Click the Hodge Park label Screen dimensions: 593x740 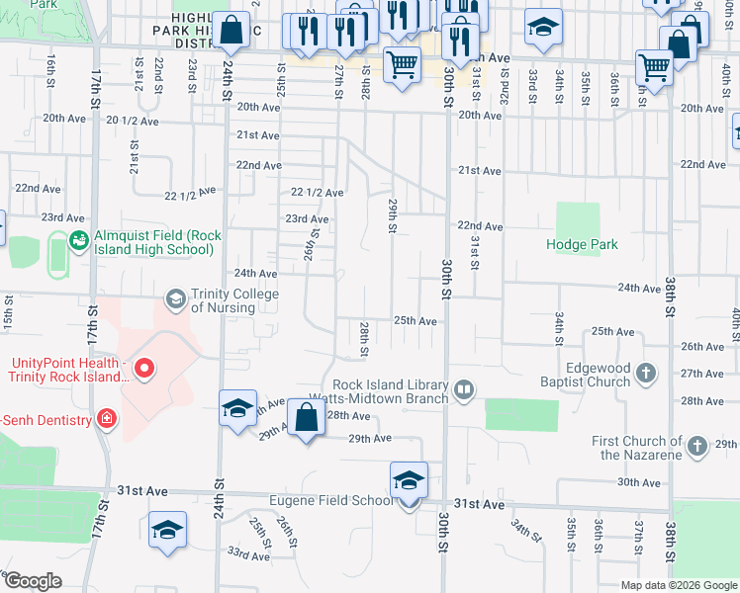tap(583, 244)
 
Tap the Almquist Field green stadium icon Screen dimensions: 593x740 tap(78, 239)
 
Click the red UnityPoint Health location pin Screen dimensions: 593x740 tap(144, 370)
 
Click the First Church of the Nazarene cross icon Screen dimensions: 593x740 tap(697, 447)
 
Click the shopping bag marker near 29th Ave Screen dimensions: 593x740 tap(307, 418)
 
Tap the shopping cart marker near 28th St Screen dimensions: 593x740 tap(402, 66)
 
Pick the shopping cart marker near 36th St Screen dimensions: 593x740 tap(654, 68)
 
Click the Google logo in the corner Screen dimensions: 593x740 tap(33, 581)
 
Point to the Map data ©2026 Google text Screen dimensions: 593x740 tap(679, 585)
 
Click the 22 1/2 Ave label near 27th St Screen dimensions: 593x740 tap(317, 193)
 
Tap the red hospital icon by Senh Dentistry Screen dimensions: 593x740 tap(106, 419)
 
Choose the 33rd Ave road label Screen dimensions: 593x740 tap(248, 555)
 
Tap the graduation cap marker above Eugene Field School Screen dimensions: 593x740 tap(409, 480)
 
